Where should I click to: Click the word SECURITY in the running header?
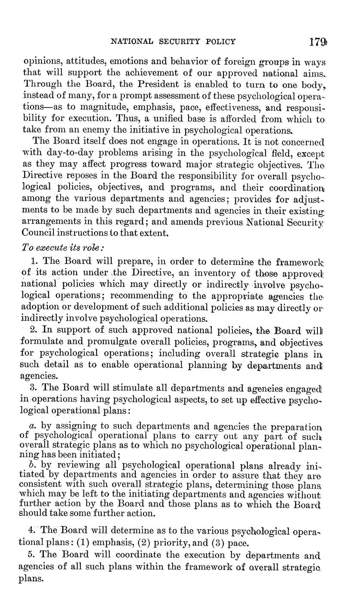(175, 42)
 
